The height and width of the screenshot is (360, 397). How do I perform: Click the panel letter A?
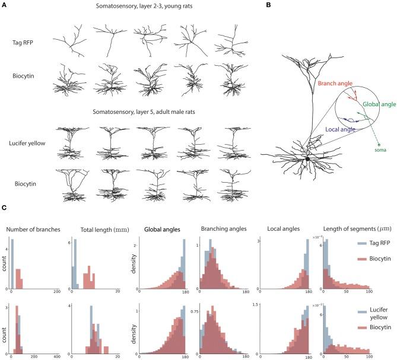tap(5, 5)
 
